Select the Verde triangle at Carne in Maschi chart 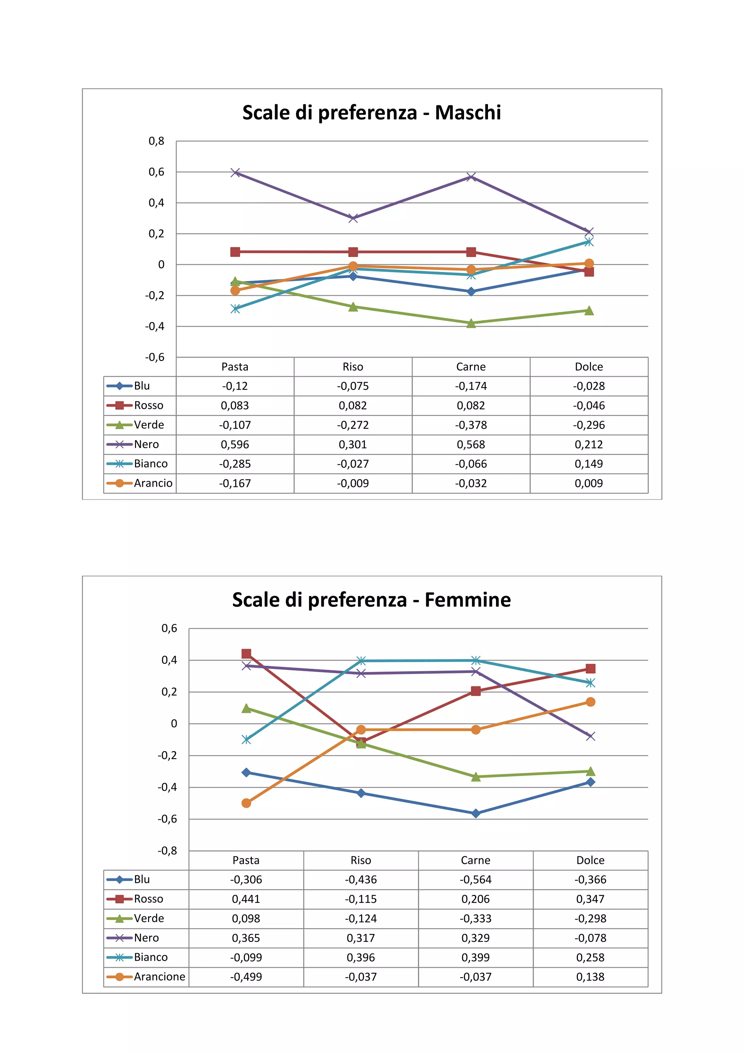click(x=471, y=323)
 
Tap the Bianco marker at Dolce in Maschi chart click(x=589, y=242)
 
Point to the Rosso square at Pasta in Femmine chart click(x=246, y=653)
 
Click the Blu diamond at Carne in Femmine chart click(x=476, y=813)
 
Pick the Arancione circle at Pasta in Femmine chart click(x=246, y=803)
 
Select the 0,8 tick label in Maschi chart click(x=156, y=141)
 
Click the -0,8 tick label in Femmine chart click(x=167, y=851)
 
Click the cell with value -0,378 click(x=471, y=425)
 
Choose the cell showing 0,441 click(x=246, y=899)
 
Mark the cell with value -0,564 click(x=476, y=880)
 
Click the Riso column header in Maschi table click(x=353, y=367)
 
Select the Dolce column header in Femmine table click(x=590, y=860)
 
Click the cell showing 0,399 click(x=476, y=957)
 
